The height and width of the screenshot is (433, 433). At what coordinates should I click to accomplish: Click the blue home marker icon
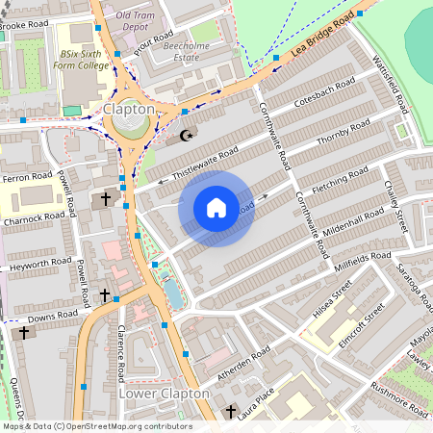(x=216, y=208)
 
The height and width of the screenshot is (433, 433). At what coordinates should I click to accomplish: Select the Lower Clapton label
(x=164, y=394)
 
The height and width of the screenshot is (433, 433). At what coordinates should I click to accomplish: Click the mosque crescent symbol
(x=186, y=135)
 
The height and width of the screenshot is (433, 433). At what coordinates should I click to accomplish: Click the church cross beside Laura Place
(x=229, y=413)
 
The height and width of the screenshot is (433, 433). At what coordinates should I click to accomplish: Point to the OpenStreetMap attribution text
(x=96, y=426)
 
